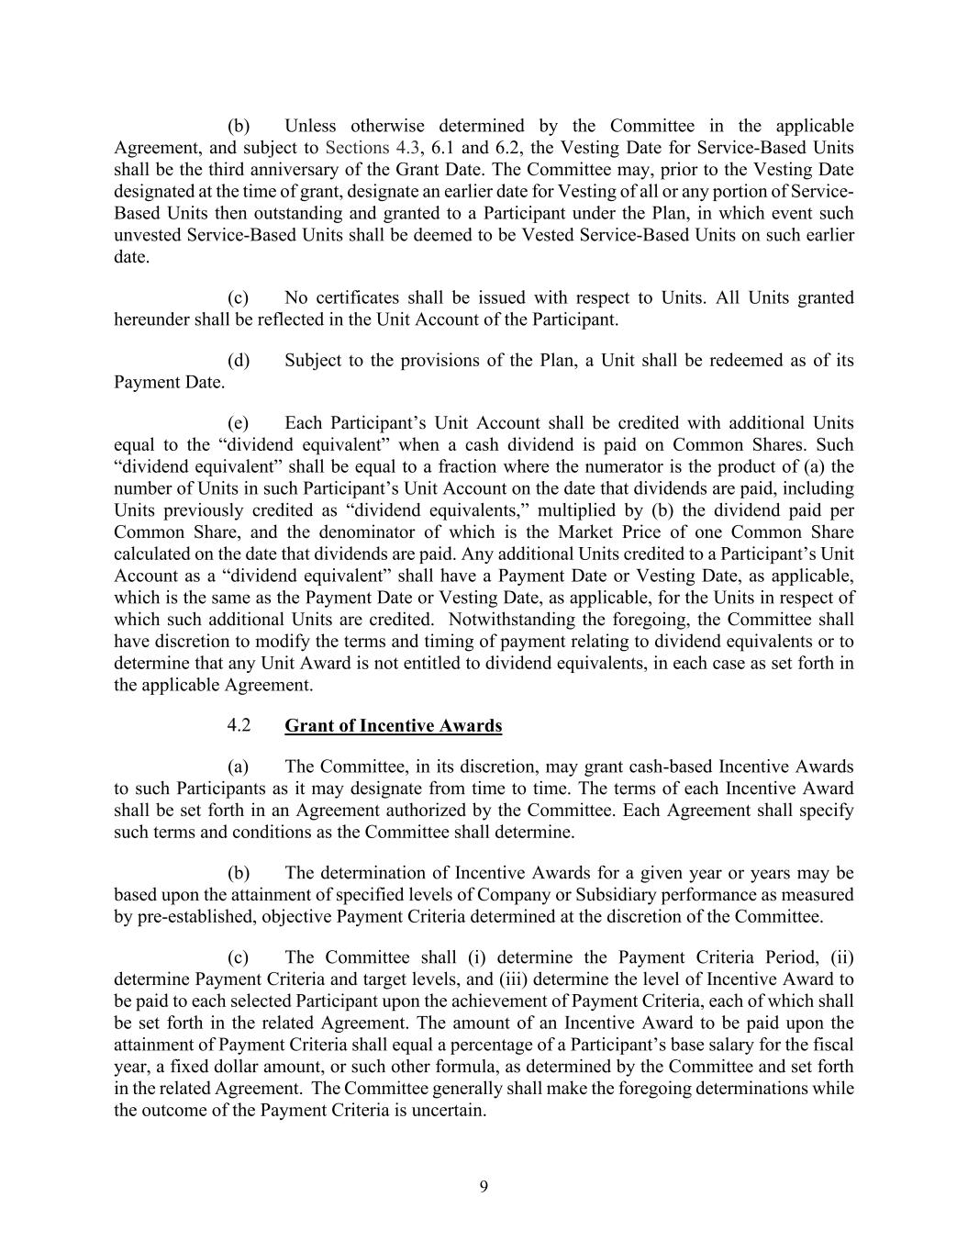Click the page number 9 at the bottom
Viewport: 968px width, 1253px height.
click(484, 1187)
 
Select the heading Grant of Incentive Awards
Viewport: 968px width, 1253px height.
click(393, 726)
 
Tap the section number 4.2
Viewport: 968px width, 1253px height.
click(239, 725)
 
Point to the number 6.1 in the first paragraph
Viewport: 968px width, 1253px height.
click(444, 148)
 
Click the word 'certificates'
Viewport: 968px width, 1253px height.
click(354, 297)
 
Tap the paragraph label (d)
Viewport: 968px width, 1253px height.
click(239, 360)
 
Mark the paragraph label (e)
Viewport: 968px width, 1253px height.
click(239, 423)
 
